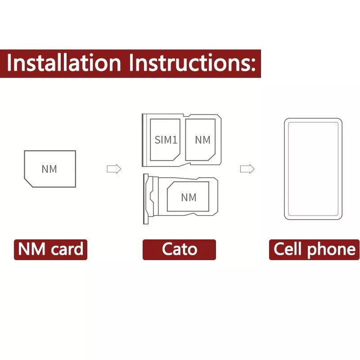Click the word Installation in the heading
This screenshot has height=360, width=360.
click(64, 63)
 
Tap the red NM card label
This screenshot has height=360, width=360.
click(50, 249)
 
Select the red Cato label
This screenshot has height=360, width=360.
click(179, 249)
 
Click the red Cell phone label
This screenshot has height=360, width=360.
click(314, 249)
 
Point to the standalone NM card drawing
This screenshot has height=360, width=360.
click(50, 169)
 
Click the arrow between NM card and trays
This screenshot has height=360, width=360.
click(114, 169)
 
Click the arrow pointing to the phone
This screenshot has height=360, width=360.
click(247, 169)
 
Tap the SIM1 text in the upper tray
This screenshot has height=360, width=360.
click(166, 140)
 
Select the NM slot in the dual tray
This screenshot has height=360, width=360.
click(202, 139)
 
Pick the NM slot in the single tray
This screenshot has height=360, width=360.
click(188, 197)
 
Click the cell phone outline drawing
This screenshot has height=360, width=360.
click(313, 169)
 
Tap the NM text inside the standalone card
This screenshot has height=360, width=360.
click(49, 169)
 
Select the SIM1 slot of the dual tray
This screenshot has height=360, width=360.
click(165, 139)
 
